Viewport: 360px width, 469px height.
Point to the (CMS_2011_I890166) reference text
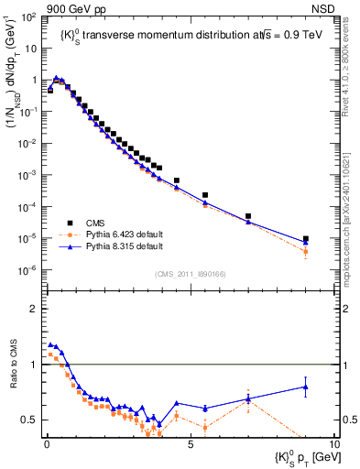click(190, 274)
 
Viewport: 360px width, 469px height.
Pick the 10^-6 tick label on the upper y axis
click(27, 270)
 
